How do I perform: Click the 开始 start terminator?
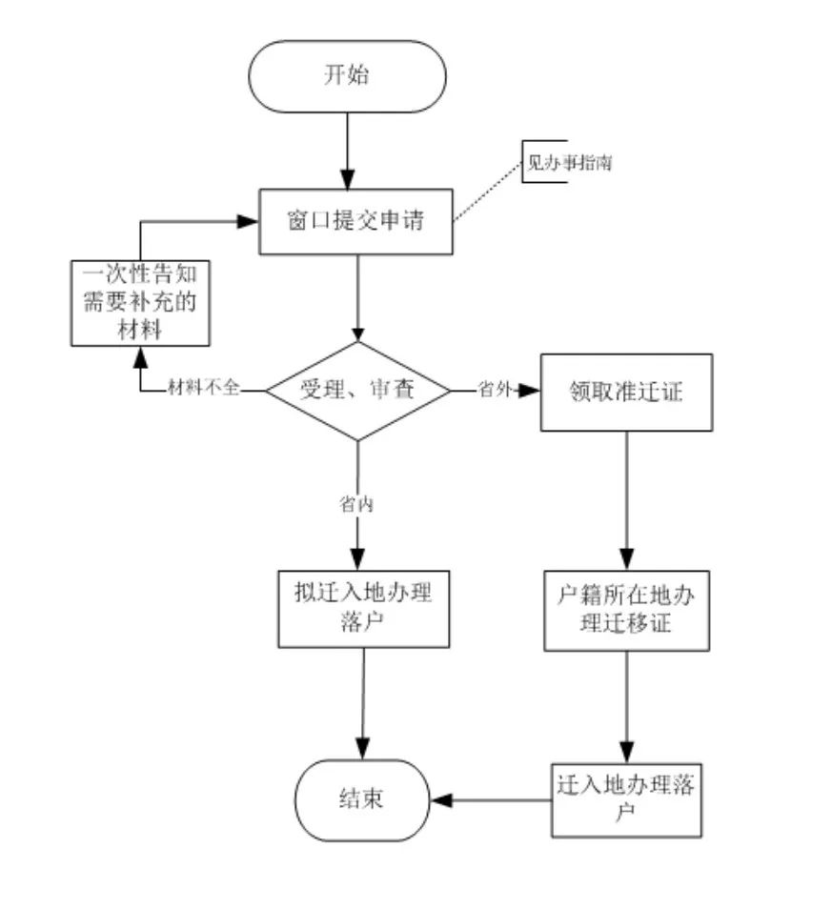point(347,76)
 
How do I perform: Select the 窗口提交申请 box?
point(355,221)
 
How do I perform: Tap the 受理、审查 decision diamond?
point(357,391)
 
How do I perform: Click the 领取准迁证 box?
point(626,393)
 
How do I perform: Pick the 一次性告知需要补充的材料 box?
point(140,303)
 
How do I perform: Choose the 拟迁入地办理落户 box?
point(363,609)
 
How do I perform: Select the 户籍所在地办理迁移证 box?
point(626,611)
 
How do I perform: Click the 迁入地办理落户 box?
point(626,800)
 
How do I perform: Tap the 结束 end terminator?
point(362,800)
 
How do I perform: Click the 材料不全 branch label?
point(204,387)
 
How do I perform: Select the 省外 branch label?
point(495,389)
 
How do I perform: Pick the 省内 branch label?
point(356,503)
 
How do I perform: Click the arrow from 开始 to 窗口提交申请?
point(347,151)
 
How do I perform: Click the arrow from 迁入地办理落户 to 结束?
point(491,800)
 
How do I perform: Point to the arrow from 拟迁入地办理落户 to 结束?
point(363,703)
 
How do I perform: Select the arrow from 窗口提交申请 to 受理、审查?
point(357,298)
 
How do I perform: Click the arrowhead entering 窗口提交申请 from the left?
point(248,221)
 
